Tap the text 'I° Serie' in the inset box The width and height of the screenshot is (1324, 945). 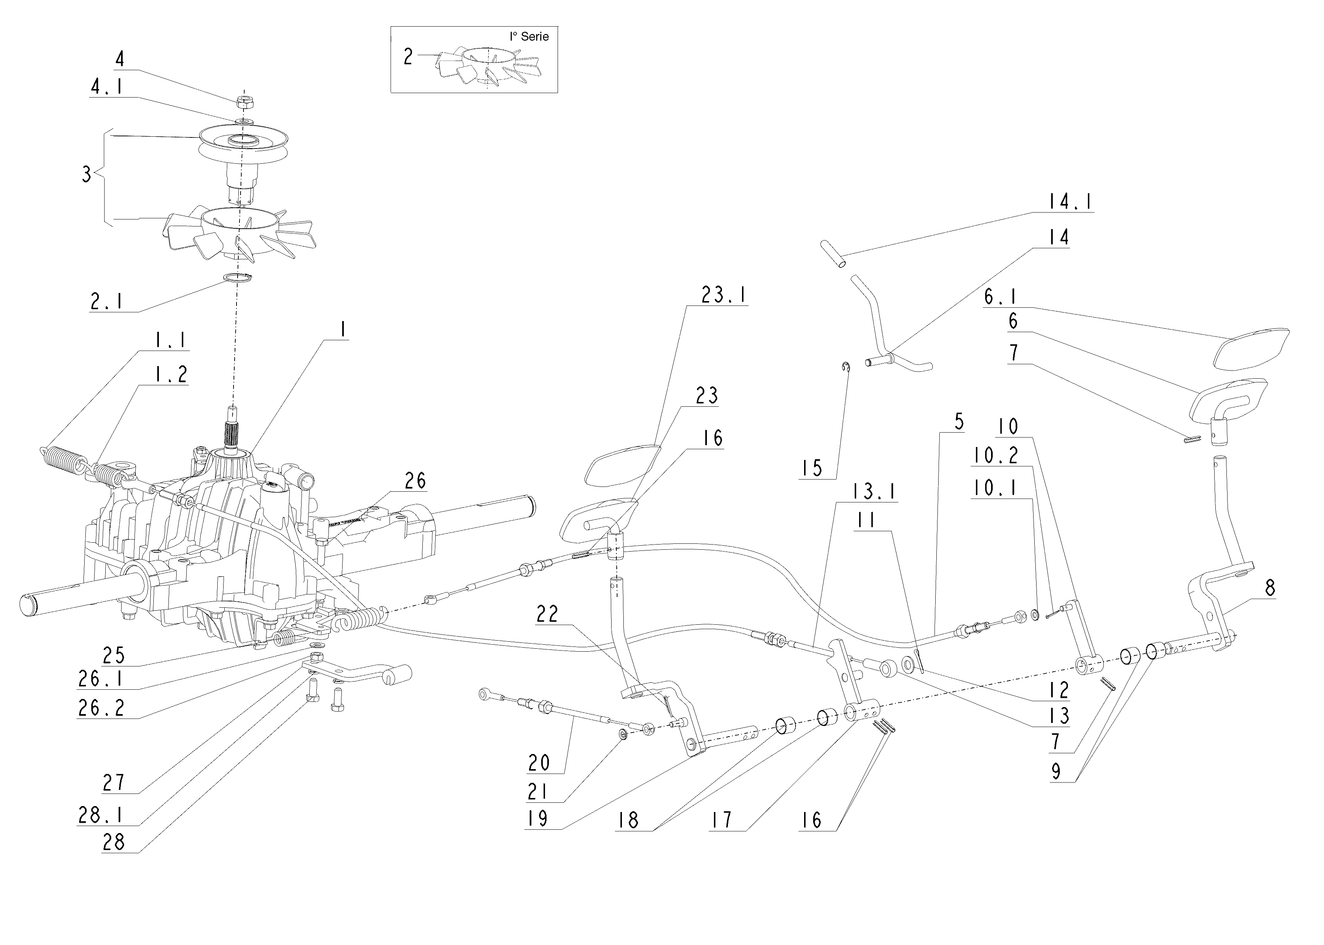tap(529, 37)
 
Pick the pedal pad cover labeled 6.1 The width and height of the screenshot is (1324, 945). tap(1251, 348)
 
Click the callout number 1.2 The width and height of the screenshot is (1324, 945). tap(170, 374)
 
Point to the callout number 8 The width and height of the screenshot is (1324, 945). tap(1270, 588)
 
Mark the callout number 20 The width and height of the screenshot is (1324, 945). tap(539, 763)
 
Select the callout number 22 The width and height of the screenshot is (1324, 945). tap(547, 614)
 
